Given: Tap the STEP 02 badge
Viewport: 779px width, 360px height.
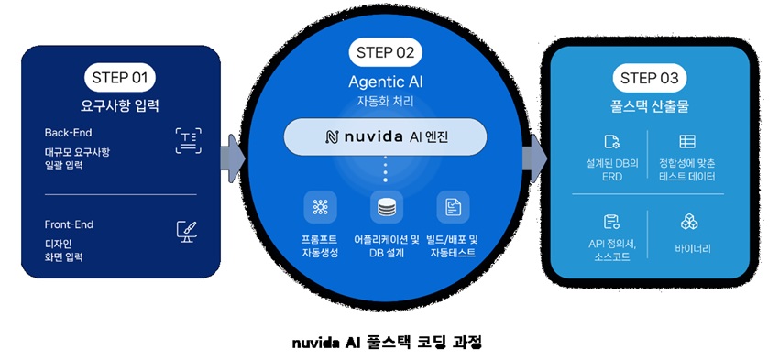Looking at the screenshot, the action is [386, 52].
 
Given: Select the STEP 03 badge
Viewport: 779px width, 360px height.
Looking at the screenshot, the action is [650, 79].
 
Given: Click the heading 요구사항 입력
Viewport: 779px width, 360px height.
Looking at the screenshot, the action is [120, 105].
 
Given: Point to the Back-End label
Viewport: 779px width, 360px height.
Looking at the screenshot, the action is [68, 133].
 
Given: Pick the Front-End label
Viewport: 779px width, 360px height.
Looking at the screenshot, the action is [69, 224].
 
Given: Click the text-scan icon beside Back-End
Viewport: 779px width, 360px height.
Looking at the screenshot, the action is [189, 141].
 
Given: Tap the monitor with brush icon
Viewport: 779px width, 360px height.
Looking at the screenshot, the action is [187, 232].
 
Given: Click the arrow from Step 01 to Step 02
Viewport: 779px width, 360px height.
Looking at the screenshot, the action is [233, 158].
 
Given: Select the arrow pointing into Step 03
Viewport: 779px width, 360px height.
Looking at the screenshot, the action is [534, 158].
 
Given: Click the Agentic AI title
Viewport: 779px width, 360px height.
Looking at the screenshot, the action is [386, 81].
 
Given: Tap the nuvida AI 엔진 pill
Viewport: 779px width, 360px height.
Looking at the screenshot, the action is [385, 137].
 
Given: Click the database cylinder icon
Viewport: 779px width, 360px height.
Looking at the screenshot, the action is [387, 207].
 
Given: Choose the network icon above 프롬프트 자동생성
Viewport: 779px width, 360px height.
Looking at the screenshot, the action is [321, 207].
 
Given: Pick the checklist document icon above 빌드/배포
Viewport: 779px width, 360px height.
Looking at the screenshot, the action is [453, 207].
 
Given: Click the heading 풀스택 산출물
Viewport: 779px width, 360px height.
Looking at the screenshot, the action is [648, 106].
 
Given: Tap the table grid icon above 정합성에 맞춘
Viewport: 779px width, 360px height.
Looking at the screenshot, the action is [687, 141].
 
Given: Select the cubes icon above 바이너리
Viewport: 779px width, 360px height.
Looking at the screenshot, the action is [689, 222].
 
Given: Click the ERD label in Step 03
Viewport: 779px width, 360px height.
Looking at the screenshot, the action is [611, 176].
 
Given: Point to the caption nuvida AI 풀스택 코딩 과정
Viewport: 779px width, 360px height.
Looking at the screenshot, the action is [387, 342].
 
